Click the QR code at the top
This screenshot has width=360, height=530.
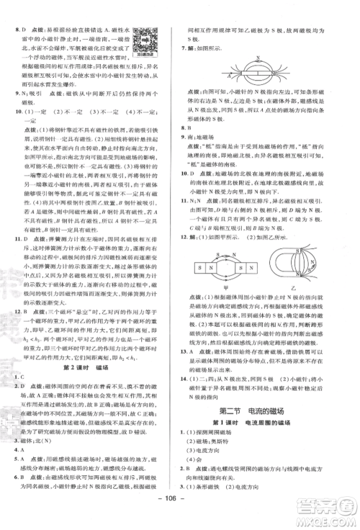click(147, 37)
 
